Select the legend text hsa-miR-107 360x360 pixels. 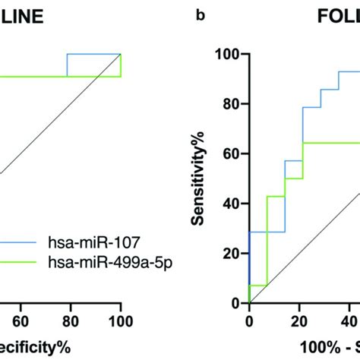[x=73, y=245]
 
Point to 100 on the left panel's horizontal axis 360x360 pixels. [x=120, y=321]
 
